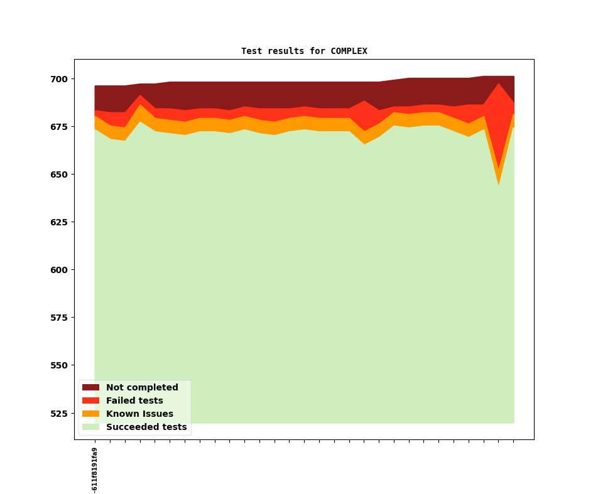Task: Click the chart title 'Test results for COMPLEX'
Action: tap(304, 51)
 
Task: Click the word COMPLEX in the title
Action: tap(349, 51)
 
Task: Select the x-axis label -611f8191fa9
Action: tap(95, 470)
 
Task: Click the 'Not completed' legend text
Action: tap(142, 388)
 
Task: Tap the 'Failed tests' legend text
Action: tap(134, 401)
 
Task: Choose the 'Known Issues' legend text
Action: tap(139, 414)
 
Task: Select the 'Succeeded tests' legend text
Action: tap(146, 427)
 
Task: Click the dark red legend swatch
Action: tap(90, 388)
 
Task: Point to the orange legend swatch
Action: tap(90, 414)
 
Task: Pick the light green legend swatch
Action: tap(90, 427)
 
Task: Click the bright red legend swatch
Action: tap(90, 401)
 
